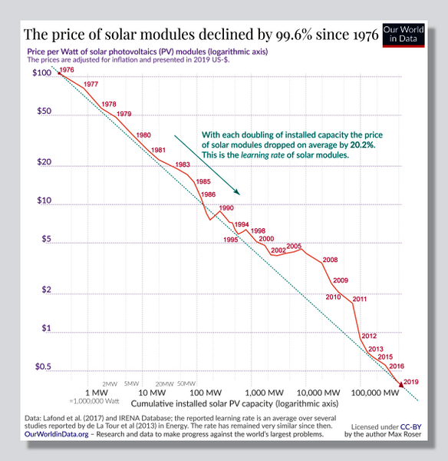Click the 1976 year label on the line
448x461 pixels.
pyautogui.click(x=67, y=70)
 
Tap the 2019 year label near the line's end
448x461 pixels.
pyautogui.click(x=411, y=382)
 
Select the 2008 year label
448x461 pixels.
pyautogui.click(x=330, y=260)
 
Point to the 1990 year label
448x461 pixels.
pyautogui.click(x=226, y=208)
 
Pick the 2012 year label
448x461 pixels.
pyautogui.click(x=368, y=336)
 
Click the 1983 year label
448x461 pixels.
pyautogui.click(x=183, y=164)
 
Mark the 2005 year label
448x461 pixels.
pyautogui.click(x=293, y=246)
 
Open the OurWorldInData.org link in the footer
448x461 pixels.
pyautogui.click(x=55, y=434)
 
